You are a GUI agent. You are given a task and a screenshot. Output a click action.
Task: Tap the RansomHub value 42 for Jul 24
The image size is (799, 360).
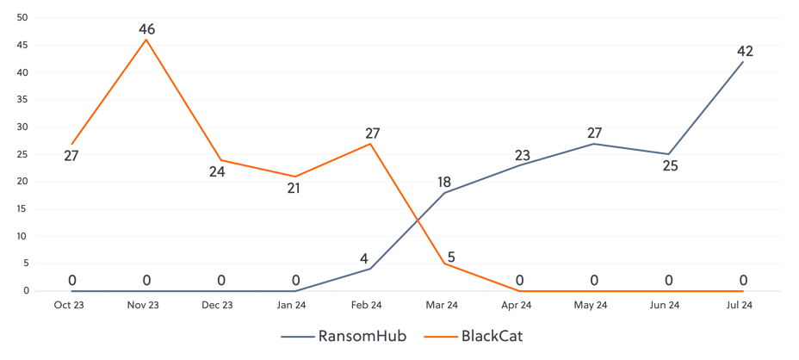pos(745,52)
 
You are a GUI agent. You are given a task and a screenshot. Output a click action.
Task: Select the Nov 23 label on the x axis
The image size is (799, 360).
pos(143,304)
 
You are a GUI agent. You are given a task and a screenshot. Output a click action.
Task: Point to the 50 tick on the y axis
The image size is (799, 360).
pos(23,17)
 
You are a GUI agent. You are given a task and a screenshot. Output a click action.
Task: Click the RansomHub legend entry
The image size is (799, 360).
pos(344,337)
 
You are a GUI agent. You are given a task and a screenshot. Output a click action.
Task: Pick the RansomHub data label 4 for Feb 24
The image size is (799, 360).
pos(364,258)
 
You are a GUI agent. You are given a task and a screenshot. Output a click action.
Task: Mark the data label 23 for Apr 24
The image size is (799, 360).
pos(522,156)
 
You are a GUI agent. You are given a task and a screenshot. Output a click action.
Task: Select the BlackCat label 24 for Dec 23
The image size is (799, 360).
pos(218,171)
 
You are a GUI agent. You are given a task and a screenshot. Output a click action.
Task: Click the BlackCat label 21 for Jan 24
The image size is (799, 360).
pos(294,188)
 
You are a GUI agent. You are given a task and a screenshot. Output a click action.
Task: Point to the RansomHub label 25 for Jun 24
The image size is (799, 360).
pos(670,166)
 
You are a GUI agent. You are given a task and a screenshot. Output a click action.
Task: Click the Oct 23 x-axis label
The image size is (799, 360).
pos(68,304)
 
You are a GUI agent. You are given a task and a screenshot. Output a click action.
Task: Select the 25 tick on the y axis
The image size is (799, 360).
pos(23,154)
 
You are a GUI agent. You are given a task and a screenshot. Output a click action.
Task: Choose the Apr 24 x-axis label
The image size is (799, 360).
pos(517,304)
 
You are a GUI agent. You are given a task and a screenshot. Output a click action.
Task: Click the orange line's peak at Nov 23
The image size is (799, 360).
pos(146,40)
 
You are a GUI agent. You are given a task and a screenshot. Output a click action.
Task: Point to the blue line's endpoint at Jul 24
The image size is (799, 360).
pos(743,61)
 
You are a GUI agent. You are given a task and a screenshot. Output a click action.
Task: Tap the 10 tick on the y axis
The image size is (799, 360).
pos(23,236)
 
